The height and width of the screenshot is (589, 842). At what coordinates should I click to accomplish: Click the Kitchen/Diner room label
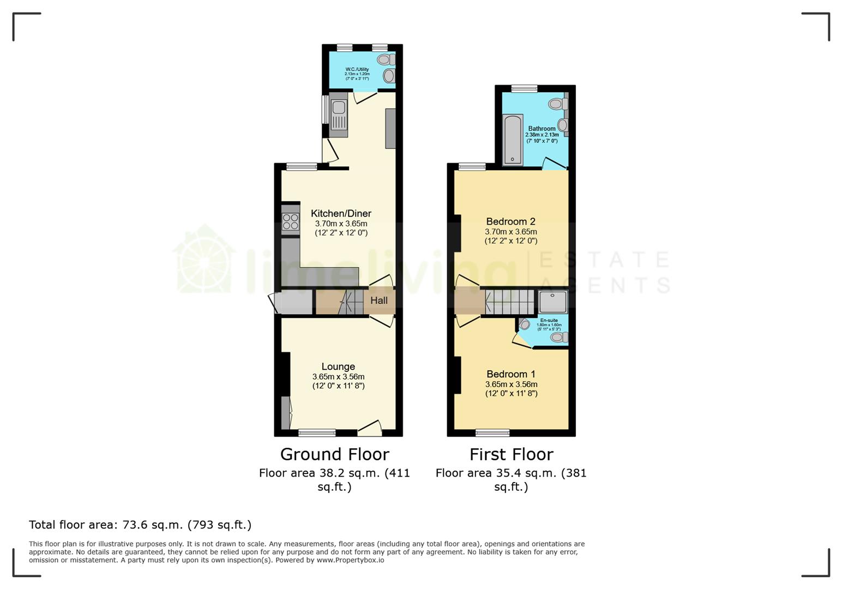click(x=341, y=213)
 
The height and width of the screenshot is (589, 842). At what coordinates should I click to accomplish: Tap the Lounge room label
click(x=338, y=366)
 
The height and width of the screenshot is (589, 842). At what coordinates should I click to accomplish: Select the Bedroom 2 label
click(x=510, y=221)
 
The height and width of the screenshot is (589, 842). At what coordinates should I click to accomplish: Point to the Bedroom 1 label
click(x=510, y=374)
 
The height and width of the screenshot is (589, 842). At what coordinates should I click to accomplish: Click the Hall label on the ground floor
click(x=379, y=300)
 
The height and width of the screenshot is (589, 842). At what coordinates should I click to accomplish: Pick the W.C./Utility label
click(x=357, y=69)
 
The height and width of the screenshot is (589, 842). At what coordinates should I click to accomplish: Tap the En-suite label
click(x=549, y=320)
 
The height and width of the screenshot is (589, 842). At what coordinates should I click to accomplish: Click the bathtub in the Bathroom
click(x=513, y=139)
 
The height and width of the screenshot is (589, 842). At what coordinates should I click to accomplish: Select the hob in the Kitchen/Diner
click(x=290, y=221)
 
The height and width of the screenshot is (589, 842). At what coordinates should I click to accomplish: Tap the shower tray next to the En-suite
click(x=553, y=302)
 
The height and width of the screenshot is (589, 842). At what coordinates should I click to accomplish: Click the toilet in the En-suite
click(x=558, y=338)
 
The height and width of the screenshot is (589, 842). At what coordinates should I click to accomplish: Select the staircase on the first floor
click(x=510, y=302)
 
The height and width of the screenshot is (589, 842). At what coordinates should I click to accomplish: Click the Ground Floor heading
click(x=334, y=454)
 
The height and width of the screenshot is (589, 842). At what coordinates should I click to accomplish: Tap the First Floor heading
click(x=511, y=454)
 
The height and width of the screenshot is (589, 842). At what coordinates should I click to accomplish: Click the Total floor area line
click(x=140, y=525)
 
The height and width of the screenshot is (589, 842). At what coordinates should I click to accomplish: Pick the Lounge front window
click(x=317, y=433)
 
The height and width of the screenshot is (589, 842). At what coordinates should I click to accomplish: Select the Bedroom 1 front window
click(x=492, y=433)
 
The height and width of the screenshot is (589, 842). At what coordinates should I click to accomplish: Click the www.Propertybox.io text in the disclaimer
click(x=350, y=560)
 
